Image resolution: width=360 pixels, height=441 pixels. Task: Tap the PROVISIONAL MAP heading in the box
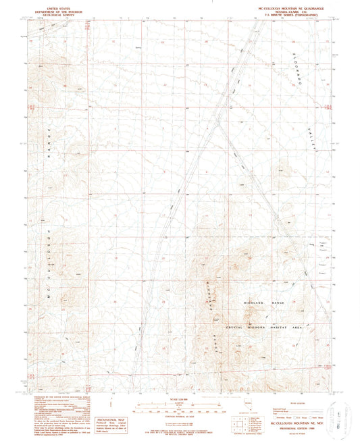(110, 400)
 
